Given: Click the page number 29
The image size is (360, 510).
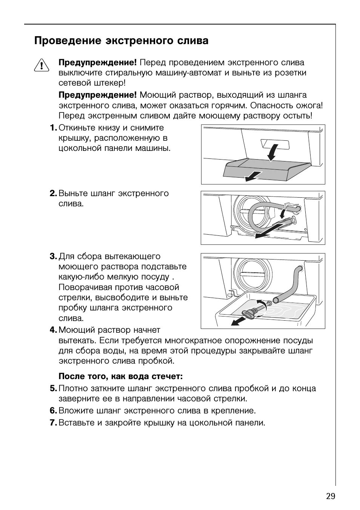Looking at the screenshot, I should (x=330, y=496).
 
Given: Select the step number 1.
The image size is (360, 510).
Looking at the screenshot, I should (x=53, y=128).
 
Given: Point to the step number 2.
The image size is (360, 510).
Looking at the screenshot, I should (x=53, y=194).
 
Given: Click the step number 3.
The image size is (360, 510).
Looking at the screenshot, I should (x=53, y=257).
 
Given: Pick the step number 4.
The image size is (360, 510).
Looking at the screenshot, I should (x=53, y=330).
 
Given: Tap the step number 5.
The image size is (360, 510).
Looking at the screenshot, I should (x=53, y=389).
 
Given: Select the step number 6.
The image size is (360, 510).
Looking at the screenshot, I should (x=53, y=410).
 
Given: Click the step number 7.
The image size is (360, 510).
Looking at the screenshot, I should (x=53, y=423).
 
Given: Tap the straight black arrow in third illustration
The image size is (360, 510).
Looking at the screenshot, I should (x=238, y=321).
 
